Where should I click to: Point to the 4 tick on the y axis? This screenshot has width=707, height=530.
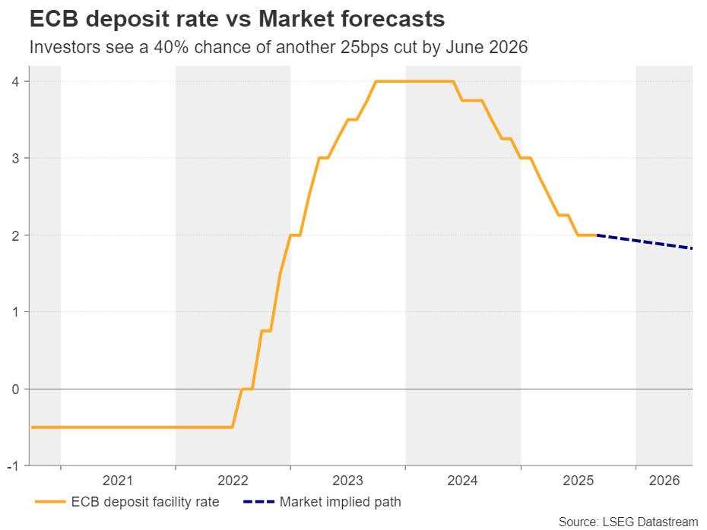(x=16, y=81)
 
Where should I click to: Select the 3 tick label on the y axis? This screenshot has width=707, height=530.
(x=16, y=158)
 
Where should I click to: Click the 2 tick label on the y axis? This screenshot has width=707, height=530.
(x=16, y=235)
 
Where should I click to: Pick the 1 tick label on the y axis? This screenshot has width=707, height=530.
(x=16, y=312)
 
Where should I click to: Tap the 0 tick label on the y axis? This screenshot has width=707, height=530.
(x=16, y=389)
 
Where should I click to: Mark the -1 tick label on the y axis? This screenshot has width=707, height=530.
(x=14, y=466)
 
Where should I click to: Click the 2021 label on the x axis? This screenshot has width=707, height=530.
(x=118, y=481)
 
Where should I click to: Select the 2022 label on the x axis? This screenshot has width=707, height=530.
(x=233, y=481)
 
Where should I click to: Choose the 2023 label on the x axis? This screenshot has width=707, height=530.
(x=347, y=481)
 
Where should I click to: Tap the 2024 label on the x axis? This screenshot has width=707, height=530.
(x=462, y=481)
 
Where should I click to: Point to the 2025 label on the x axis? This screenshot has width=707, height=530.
(x=578, y=481)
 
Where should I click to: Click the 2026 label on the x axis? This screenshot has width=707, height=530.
(x=664, y=481)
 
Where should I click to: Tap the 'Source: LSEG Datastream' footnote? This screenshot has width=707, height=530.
(x=628, y=522)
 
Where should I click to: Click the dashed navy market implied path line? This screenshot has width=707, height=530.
(x=646, y=242)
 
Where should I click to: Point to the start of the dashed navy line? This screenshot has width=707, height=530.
(x=599, y=235)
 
